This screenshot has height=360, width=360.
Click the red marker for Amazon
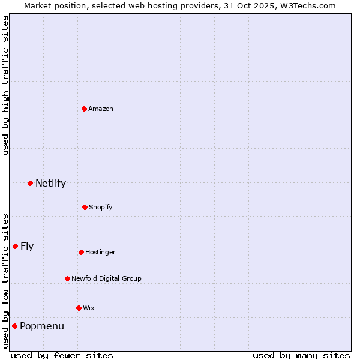[x=85, y=109]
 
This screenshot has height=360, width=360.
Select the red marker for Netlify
[x=30, y=183]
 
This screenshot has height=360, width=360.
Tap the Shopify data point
[x=85, y=207]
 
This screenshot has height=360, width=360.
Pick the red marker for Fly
[x=15, y=246]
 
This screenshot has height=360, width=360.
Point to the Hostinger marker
[x=81, y=252]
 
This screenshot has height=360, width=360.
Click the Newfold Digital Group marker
[x=67, y=278]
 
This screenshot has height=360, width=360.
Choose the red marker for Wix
[x=79, y=308]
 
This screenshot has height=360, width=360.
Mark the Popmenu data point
[x=14, y=326]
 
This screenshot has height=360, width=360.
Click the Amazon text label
[x=101, y=109]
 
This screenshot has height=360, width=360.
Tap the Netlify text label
[x=50, y=183]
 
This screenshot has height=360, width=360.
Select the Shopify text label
[x=101, y=207]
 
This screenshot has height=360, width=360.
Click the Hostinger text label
[x=100, y=252]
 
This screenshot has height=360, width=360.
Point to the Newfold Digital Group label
[x=106, y=278]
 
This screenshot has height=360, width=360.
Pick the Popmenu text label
[x=42, y=326]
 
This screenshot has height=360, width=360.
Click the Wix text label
[x=89, y=308]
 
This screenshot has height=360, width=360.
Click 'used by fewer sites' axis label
[x=62, y=355]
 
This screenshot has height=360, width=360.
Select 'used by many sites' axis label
[x=301, y=355]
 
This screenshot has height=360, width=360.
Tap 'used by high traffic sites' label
[x=5, y=85]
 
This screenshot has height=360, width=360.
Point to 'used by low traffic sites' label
[x=5, y=280]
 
